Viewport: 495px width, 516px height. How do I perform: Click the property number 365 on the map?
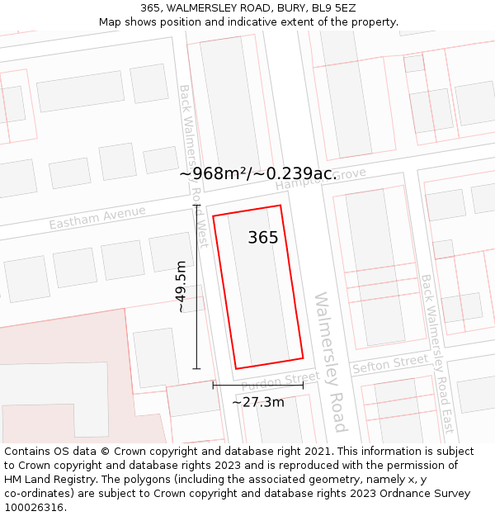(263, 238)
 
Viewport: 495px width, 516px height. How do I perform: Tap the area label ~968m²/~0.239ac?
(258, 173)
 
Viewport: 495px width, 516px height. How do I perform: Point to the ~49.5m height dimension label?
(181, 286)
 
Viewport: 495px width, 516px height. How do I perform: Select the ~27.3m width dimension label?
(257, 402)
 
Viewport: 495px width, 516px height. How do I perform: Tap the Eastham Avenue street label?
(97, 218)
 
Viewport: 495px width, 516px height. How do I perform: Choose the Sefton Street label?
(390, 364)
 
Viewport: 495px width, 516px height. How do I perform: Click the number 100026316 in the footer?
(35, 508)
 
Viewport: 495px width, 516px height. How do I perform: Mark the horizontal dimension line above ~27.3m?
(257, 385)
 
